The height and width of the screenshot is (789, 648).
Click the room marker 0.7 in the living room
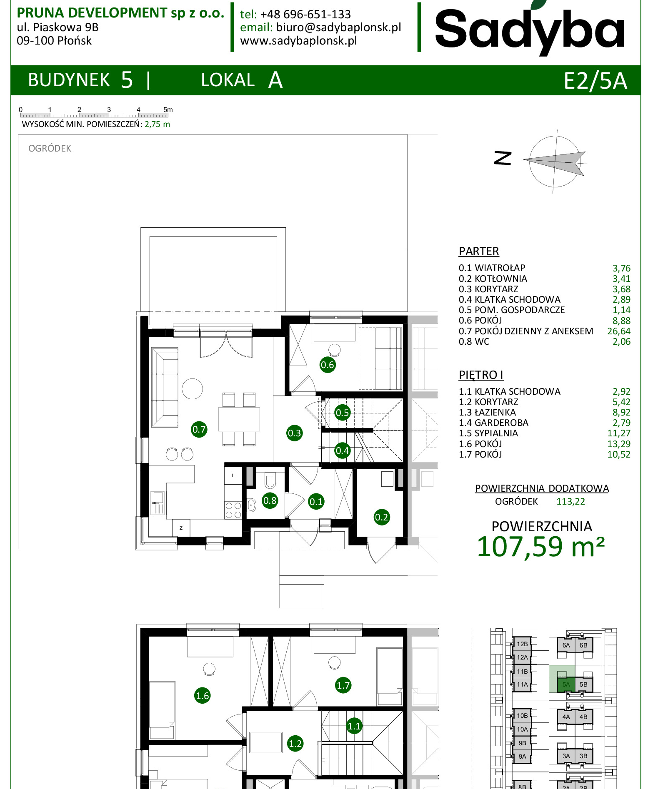199,429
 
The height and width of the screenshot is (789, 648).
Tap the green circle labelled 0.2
382,517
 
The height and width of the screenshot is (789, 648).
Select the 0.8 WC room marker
270,500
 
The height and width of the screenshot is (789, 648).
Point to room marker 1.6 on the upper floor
203,696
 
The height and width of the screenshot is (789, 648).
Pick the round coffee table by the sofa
192,389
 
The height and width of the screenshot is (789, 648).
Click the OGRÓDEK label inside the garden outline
50,149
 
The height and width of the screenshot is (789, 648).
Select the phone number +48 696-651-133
305,15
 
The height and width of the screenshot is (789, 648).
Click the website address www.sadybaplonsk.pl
298,41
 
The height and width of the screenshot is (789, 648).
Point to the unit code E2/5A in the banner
595,80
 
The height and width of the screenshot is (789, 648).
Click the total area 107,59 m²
540,547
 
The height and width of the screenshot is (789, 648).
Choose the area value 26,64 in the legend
619,331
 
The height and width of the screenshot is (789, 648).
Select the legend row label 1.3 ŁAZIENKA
487,413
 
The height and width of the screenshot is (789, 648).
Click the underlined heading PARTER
479,251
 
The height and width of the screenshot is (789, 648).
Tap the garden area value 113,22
570,502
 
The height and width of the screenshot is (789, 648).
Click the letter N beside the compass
503,158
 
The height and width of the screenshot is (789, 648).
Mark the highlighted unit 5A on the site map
566,684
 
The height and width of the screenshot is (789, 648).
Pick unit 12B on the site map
522,644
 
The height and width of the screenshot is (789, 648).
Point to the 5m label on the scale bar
168,110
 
